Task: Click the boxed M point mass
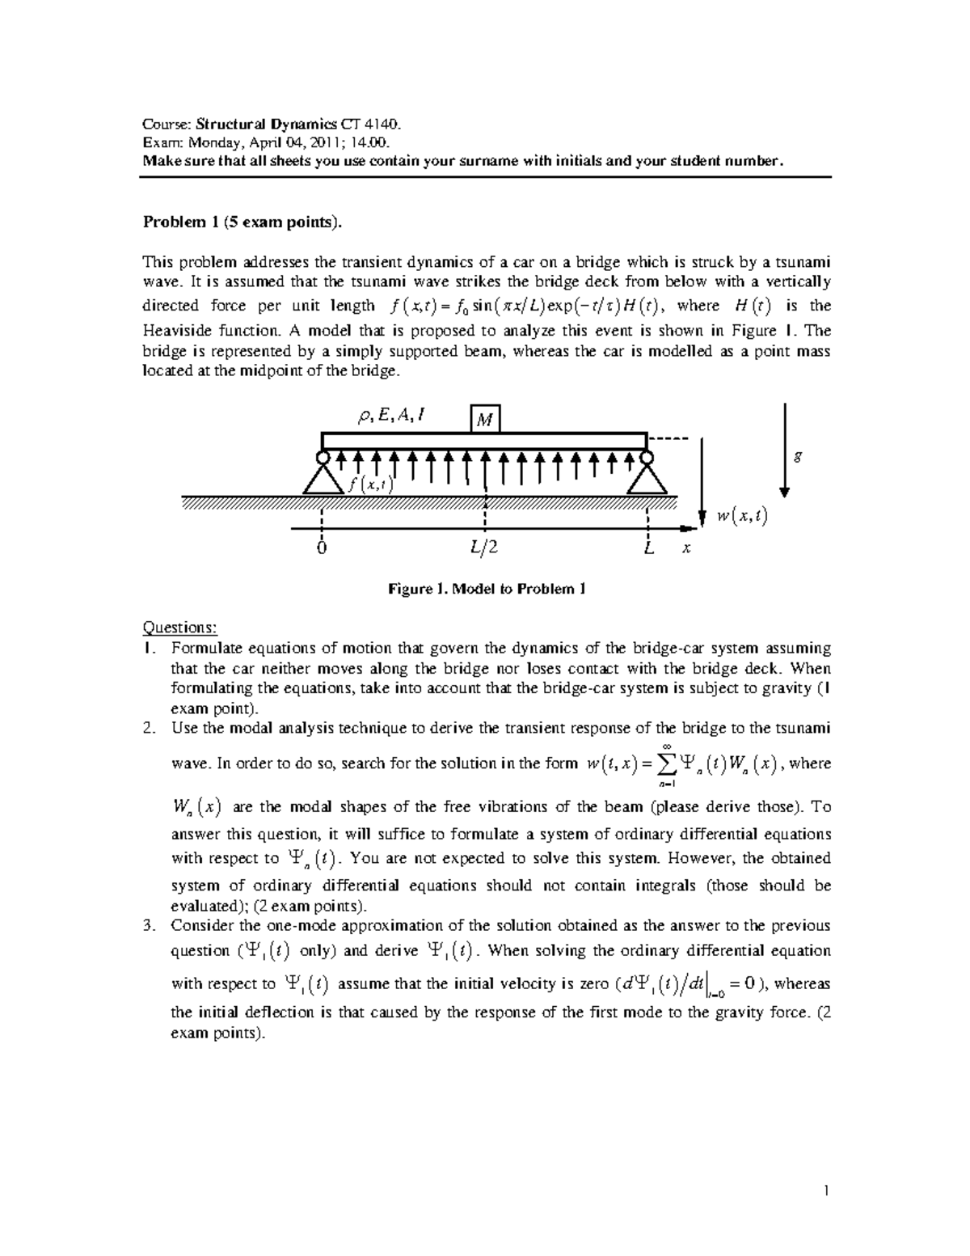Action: pyautogui.click(x=485, y=419)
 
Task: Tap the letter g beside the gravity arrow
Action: pyautogui.click(x=799, y=456)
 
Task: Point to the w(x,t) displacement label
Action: pyautogui.click(x=741, y=516)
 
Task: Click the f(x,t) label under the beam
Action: pyautogui.click(x=370, y=484)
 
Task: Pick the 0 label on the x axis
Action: pyautogui.click(x=322, y=548)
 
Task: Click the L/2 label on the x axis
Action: pyautogui.click(x=484, y=548)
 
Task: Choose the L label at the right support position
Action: pyautogui.click(x=648, y=548)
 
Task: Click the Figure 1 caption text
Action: pyautogui.click(x=486, y=589)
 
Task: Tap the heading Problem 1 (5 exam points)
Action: pyautogui.click(x=237, y=222)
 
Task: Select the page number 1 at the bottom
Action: pyautogui.click(x=827, y=1190)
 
